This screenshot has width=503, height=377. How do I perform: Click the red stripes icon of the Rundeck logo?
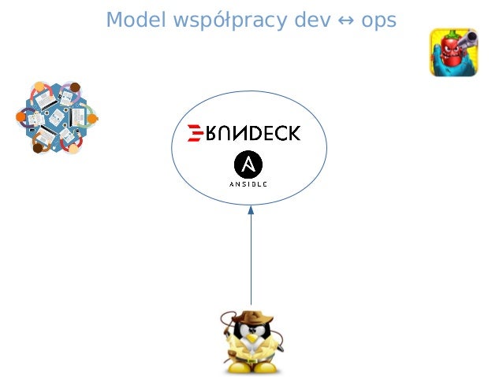(x=193, y=133)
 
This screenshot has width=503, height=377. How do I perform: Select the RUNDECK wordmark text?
(x=251, y=133)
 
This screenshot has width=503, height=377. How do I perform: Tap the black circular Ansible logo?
(x=248, y=164)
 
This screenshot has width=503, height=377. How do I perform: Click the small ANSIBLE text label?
(x=248, y=184)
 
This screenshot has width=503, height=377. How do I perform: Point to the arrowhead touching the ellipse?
(x=251, y=211)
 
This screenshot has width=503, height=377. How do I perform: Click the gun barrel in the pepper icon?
(x=468, y=37)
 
